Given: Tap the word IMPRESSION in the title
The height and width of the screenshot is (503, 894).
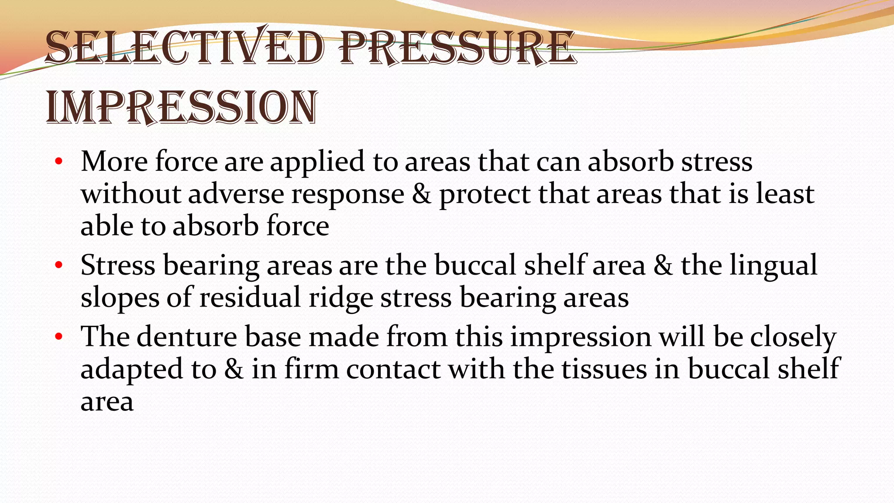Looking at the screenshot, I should [x=182, y=107].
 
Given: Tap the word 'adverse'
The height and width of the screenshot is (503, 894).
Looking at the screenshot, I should [x=236, y=194].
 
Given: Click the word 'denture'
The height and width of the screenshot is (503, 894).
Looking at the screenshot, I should [x=187, y=337].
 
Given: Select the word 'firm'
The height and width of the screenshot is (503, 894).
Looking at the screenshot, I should [x=311, y=369].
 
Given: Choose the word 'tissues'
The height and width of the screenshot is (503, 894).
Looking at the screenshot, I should [x=604, y=369].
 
